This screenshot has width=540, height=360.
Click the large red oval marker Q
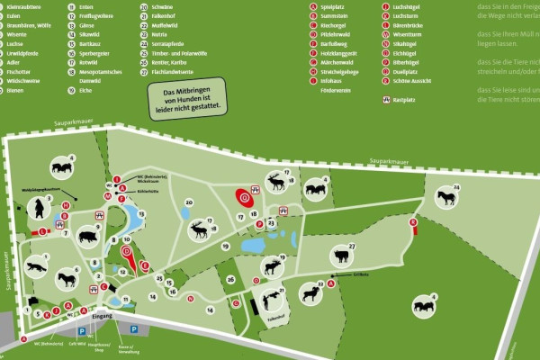241,197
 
